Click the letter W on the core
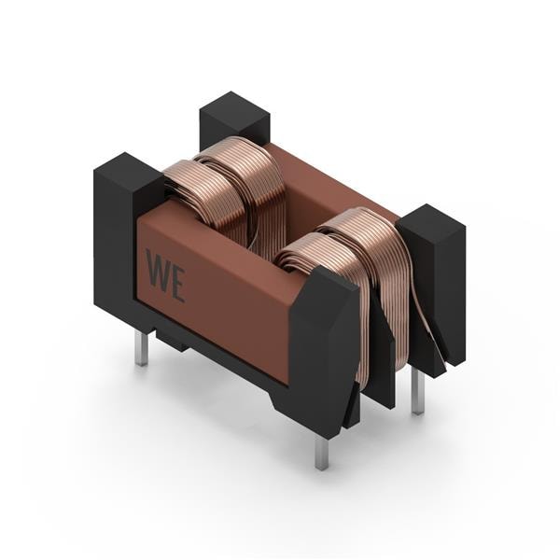click(x=159, y=270)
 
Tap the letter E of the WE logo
click(x=177, y=285)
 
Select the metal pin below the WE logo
click(x=142, y=347)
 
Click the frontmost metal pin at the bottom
click(x=322, y=453)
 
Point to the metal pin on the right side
click(x=416, y=391)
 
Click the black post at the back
click(x=234, y=120)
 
